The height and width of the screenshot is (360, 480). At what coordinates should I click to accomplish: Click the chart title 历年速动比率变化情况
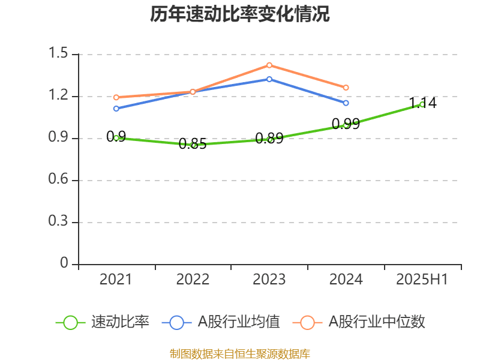click(240, 14)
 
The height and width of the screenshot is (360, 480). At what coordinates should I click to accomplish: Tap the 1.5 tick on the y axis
click(59, 55)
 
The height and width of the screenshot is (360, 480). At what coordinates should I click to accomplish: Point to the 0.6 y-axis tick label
click(59, 181)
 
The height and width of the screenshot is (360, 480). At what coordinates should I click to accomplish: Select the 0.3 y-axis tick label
click(59, 223)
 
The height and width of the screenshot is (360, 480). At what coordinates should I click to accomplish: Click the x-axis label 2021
click(116, 279)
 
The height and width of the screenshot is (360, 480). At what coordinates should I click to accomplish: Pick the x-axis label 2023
click(269, 279)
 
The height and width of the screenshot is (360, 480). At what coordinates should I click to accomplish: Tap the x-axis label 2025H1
click(422, 279)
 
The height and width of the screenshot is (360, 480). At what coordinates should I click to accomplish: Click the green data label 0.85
click(193, 144)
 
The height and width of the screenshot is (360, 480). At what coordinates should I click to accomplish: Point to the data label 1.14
click(422, 103)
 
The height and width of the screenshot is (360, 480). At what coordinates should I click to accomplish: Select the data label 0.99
click(346, 124)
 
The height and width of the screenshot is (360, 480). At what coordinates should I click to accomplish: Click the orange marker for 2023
click(269, 65)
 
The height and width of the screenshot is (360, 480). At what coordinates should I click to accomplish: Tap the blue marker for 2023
click(269, 79)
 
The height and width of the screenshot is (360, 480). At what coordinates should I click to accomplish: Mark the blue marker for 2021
click(116, 109)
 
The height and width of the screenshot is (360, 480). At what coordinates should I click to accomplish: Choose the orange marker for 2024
click(346, 88)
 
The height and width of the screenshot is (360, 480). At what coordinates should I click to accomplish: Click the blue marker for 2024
click(346, 103)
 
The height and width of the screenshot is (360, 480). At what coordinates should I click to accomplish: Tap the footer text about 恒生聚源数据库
click(240, 353)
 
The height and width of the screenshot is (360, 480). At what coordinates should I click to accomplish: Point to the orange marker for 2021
click(116, 97)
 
